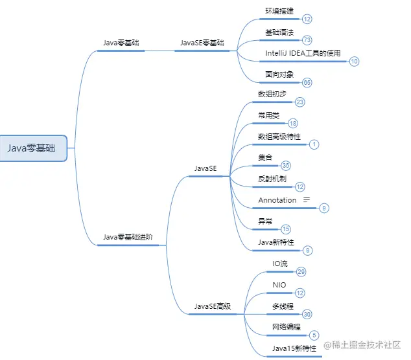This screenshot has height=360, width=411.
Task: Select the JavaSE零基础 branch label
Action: click(x=202, y=43)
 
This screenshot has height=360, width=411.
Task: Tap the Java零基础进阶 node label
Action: click(x=128, y=237)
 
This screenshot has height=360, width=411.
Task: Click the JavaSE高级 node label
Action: click(x=213, y=306)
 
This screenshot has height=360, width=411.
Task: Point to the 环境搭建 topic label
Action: click(x=279, y=12)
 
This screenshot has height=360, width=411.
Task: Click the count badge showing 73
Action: click(x=307, y=40)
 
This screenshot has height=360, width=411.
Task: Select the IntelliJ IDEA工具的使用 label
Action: click(x=303, y=53)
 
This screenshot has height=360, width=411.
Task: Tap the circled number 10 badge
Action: click(x=354, y=62)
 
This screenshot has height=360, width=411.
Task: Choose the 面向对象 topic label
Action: click(x=279, y=74)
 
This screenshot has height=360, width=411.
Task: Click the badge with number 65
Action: click(x=307, y=82)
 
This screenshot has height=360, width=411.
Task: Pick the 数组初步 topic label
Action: click(x=272, y=94)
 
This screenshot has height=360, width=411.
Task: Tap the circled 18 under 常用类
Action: click(x=293, y=123)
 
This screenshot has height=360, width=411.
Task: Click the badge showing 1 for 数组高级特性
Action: click(x=314, y=144)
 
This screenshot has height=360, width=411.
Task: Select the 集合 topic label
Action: click(x=265, y=157)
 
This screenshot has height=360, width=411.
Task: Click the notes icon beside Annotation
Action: click(x=307, y=199)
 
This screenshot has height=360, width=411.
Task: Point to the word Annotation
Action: click(x=277, y=200)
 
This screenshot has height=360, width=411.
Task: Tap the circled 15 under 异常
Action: click(x=286, y=229)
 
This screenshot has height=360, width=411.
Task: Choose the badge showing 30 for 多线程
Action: click(x=307, y=314)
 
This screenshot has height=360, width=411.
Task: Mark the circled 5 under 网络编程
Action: click(x=314, y=335)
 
